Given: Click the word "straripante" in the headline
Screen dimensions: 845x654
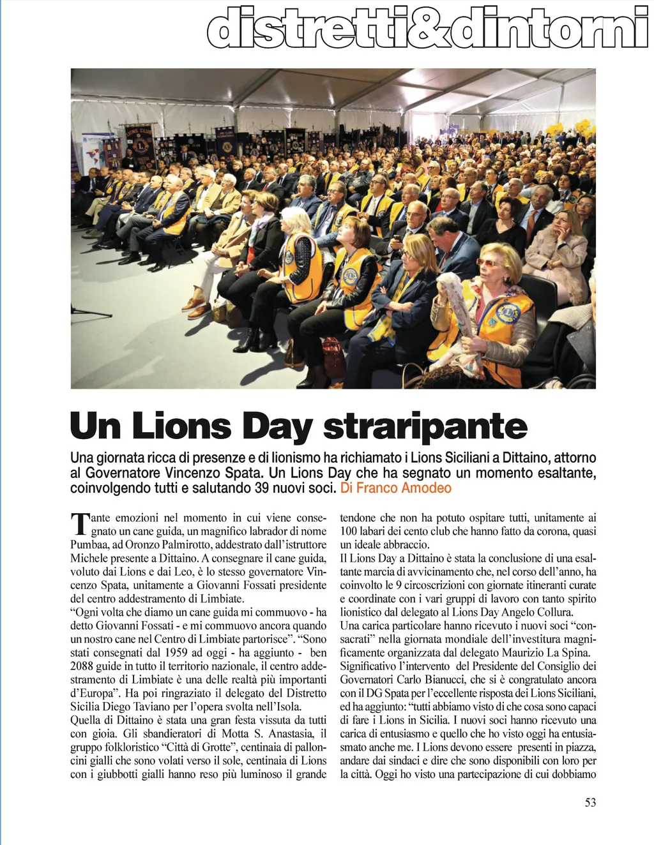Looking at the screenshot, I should click(425, 427).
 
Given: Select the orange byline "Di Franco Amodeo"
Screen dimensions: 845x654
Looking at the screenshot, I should click(396, 488).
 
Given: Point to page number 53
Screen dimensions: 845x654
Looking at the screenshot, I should click(590, 802).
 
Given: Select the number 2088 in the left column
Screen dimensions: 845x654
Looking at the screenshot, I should click(83, 666).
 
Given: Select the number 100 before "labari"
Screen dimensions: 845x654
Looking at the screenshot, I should click(349, 531).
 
